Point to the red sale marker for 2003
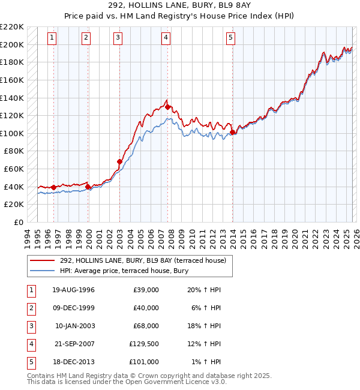coord(119,161)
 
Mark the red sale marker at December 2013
coord(232,132)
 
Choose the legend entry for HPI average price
coord(124,271)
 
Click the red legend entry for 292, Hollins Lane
coord(142,260)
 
